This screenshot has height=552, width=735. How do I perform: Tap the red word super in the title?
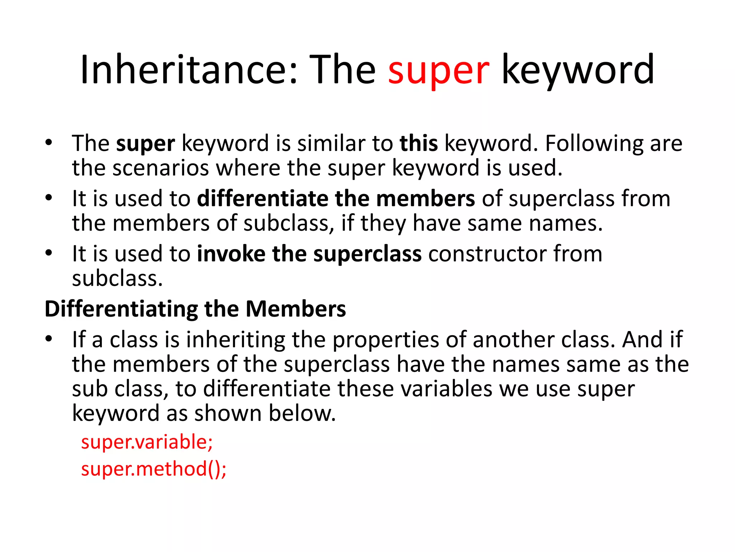(x=439, y=70)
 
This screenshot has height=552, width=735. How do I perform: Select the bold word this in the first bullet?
(x=419, y=143)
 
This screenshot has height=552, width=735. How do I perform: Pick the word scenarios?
(x=160, y=168)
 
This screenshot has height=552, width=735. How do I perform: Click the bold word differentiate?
(x=262, y=198)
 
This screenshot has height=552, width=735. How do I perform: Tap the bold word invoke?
(x=231, y=254)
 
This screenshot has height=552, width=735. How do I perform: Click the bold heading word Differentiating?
(x=121, y=309)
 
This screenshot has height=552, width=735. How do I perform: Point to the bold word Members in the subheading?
(x=296, y=309)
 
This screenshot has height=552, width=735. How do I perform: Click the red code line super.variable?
(x=147, y=442)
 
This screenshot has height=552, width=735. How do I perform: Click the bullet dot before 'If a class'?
(x=49, y=339)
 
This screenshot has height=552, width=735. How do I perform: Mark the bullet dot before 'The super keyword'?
(x=49, y=142)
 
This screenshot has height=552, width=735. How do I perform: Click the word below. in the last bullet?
(x=302, y=413)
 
